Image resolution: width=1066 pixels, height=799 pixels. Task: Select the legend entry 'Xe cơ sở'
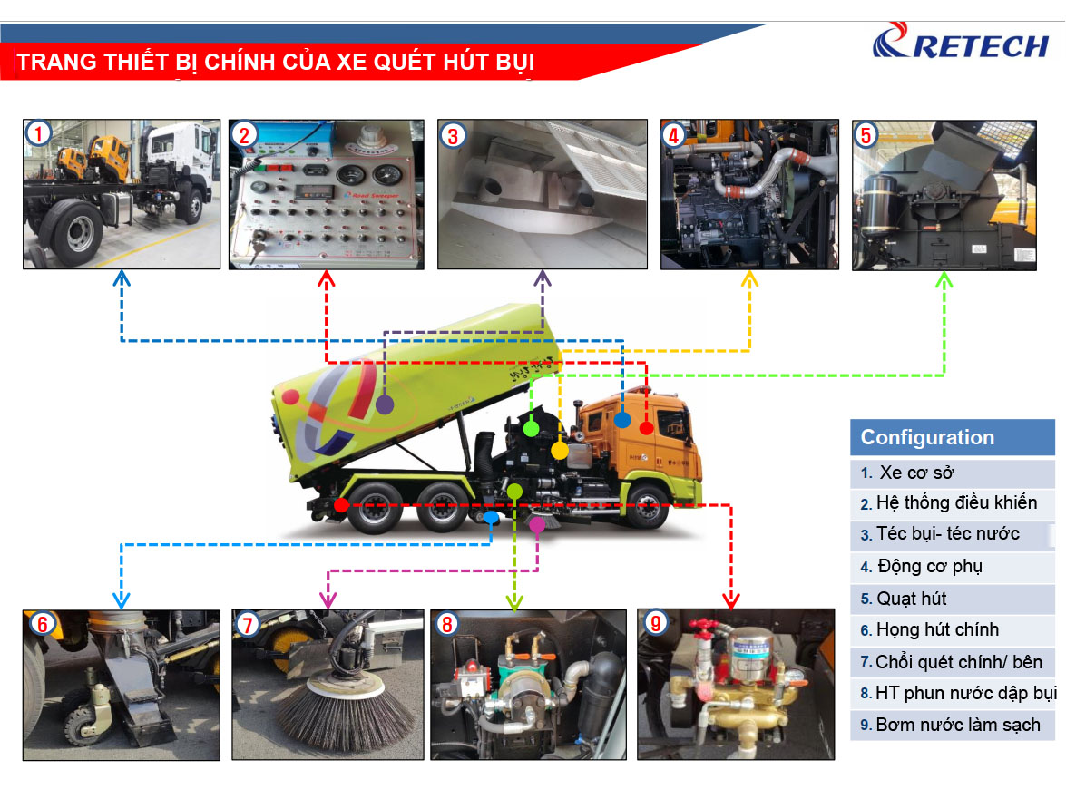[x=916, y=473]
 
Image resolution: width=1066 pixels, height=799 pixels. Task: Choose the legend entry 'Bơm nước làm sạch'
[x=945, y=726]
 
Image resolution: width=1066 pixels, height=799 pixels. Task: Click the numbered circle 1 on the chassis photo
[x=37, y=134]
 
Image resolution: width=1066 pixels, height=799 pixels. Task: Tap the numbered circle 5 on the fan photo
[x=866, y=135]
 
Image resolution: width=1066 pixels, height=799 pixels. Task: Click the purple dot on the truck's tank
[x=385, y=405]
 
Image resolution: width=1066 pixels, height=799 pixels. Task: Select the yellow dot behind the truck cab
[x=560, y=450]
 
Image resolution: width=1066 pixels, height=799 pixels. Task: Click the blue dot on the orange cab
[x=621, y=419]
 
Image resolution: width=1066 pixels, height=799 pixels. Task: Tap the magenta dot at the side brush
[x=537, y=525]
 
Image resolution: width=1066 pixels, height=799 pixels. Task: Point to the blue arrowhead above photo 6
[x=121, y=599]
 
